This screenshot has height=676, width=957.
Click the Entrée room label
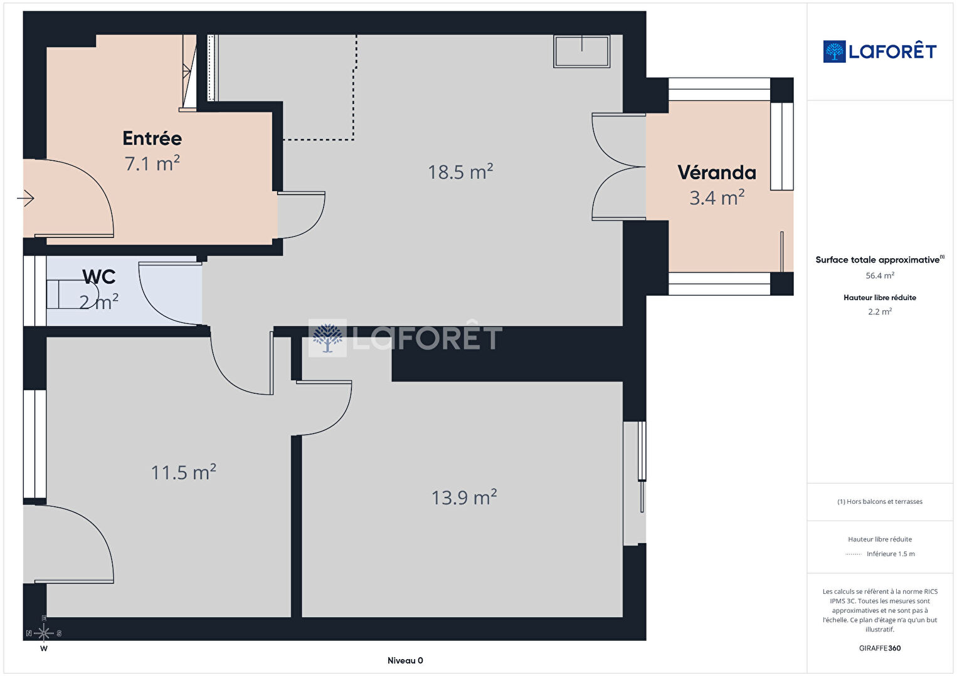point(152,138)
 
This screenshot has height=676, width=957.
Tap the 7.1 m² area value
point(152,163)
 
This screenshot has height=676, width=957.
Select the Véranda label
point(717,172)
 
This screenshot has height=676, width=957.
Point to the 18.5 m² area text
point(460,172)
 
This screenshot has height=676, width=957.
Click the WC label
point(98,277)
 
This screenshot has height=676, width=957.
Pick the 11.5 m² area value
point(184,472)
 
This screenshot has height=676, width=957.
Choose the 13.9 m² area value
point(464,497)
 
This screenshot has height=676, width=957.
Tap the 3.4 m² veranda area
point(717,197)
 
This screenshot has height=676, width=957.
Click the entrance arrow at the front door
point(26,198)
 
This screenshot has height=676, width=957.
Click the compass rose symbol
point(43,633)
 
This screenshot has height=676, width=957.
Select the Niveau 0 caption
point(405,660)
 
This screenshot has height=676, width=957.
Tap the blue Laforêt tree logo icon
point(834,51)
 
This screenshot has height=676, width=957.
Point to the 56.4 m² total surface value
point(880,276)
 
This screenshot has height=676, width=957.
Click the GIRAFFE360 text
point(880,648)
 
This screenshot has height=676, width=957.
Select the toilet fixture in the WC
point(73,294)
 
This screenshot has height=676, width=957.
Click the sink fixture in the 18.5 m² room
point(581,51)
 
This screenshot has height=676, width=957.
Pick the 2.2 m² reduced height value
point(880,311)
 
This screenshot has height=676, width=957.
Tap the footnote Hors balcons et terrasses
point(880,501)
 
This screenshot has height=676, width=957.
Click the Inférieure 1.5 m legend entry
point(891,554)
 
